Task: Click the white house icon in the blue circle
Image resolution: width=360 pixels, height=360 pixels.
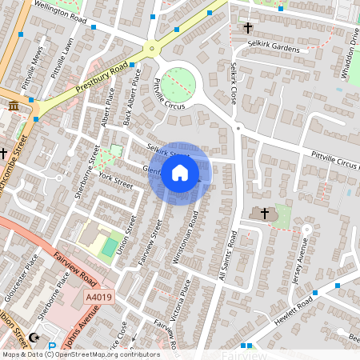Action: tap(180, 173)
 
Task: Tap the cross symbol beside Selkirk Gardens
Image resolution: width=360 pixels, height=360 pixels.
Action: tap(247, 29)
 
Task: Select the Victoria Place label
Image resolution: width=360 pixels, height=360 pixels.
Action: tap(179, 294)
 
